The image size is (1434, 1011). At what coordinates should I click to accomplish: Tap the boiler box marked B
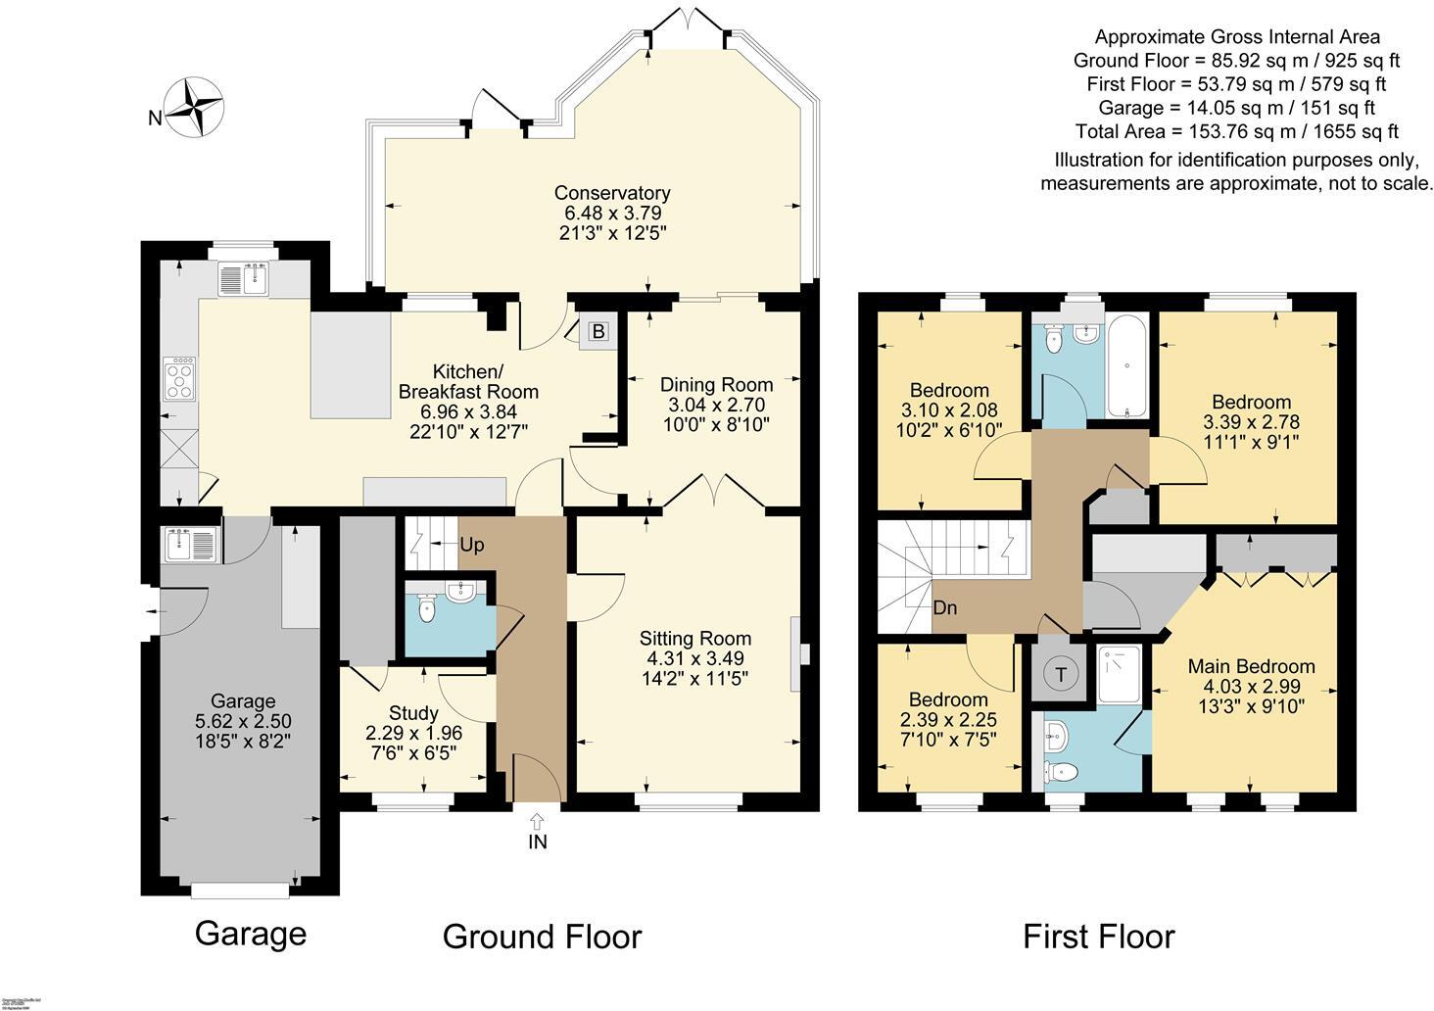(x=597, y=332)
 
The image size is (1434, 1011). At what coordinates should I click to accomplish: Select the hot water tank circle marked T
(x=1060, y=675)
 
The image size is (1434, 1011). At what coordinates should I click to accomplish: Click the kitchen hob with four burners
(x=179, y=378)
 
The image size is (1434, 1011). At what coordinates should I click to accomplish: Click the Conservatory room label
(x=611, y=193)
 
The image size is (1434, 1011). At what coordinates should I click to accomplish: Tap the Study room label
(x=413, y=712)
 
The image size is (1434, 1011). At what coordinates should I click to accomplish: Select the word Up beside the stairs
(x=471, y=546)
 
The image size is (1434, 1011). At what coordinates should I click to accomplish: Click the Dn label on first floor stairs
(x=944, y=608)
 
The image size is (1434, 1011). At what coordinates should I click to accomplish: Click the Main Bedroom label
(x=1251, y=666)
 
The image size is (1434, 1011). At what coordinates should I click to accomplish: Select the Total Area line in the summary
(x=1236, y=131)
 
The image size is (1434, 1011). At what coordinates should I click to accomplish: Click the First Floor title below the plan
(x=1098, y=937)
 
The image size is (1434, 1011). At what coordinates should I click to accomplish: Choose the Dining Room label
(x=716, y=384)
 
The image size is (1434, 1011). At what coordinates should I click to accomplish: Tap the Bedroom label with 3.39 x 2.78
(x=1251, y=402)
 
